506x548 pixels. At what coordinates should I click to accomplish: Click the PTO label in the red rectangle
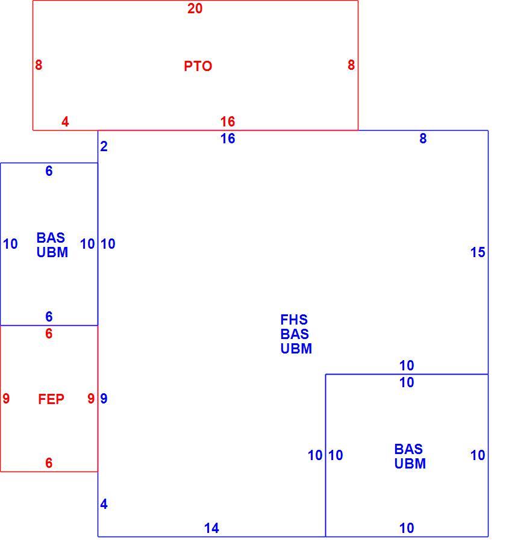[198, 66]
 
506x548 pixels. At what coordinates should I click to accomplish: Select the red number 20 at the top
[195, 8]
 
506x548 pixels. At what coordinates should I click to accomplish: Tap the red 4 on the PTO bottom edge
[65, 122]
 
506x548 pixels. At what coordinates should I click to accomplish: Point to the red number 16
[228, 122]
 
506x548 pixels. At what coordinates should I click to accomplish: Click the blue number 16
[228, 139]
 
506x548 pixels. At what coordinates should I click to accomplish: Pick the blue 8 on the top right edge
[423, 139]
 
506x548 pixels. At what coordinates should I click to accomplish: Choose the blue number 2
[104, 146]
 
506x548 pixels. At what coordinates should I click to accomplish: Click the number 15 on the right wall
[478, 252]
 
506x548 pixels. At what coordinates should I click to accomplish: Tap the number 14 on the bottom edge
[211, 528]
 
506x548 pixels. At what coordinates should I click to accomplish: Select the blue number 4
[104, 504]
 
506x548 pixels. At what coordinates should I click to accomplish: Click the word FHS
[294, 319]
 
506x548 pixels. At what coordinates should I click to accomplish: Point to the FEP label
[51, 399]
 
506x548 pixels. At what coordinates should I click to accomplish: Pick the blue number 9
[104, 399]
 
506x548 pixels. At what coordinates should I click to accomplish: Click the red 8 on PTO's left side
[39, 64]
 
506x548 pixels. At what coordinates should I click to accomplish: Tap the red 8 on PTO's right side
[351, 64]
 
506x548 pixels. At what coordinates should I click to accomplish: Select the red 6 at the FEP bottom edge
[49, 462]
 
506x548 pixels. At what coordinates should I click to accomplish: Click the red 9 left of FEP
[6, 399]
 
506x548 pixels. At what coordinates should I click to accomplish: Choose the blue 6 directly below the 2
[49, 171]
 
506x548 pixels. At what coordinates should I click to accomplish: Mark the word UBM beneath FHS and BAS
[296, 349]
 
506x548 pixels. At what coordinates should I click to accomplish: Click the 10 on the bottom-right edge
[407, 528]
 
